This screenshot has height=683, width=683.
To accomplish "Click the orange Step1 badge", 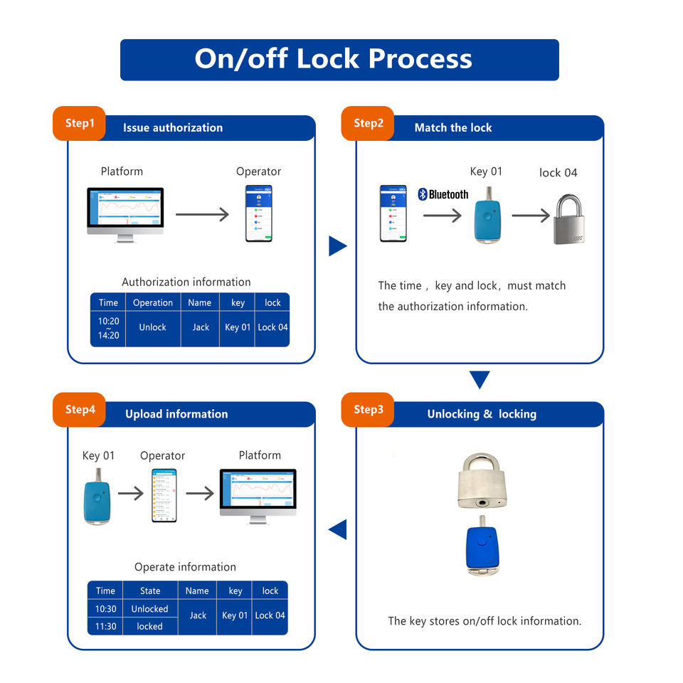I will (79, 124).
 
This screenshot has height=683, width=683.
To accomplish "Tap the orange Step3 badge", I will (368, 410).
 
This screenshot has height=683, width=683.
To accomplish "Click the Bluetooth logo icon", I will (422, 194).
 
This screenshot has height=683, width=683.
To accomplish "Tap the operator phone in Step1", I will (258, 213).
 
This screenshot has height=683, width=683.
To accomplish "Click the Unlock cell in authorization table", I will (152, 327).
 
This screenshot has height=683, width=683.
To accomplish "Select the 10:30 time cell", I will (105, 609).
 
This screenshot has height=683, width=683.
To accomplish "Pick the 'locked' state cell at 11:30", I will (149, 626).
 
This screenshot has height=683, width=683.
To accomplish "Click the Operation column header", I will (152, 302).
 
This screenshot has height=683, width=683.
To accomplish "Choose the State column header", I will (149, 591).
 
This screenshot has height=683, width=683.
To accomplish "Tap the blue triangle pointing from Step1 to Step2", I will (337, 246).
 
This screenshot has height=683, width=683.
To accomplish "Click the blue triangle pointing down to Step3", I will (480, 379).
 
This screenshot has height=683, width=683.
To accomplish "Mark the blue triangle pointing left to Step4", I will (338, 529).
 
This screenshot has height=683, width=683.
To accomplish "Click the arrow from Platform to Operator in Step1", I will (202, 214).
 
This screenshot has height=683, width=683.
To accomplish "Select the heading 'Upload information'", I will (176, 414).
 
